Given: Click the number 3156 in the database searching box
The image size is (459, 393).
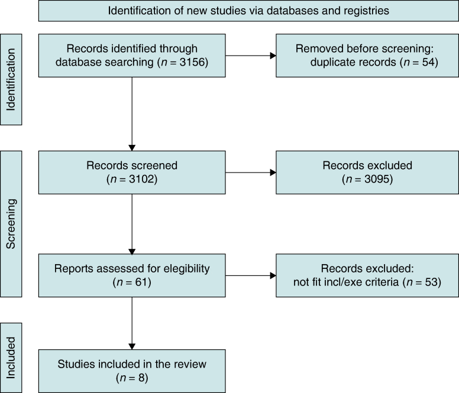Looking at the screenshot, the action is click(192, 62).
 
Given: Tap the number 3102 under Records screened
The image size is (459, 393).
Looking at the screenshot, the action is click(141, 179).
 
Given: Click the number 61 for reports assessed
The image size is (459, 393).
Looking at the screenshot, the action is click(141, 282).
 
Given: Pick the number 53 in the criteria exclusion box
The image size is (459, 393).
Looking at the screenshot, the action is click(431, 282).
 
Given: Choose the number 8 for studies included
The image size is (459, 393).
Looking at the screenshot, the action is click(141, 378).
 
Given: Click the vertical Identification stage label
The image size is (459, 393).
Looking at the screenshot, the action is click(11, 80).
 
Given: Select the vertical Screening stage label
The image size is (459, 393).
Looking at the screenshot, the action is click(11, 224).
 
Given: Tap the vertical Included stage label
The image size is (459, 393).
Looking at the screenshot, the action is click(11, 358).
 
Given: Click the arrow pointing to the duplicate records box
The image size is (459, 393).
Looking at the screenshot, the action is click(251, 56).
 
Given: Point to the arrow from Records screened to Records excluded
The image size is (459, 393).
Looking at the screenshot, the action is click(251, 173).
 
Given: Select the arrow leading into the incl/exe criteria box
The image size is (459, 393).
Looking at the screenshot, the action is click(251, 275).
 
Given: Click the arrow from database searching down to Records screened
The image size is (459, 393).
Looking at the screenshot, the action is click(132, 114).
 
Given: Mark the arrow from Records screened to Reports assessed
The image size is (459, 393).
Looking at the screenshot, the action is click(132, 224).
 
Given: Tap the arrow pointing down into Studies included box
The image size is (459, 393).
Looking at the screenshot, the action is click(132, 323).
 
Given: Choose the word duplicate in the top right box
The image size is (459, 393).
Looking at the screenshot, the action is click(353, 62).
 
